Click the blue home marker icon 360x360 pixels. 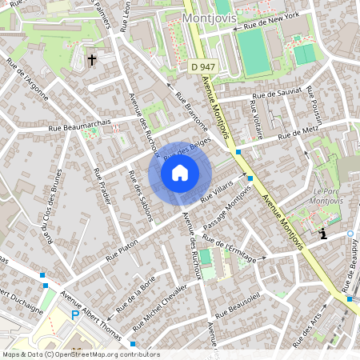click(x=180, y=171)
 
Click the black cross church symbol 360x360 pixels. click(x=91, y=59)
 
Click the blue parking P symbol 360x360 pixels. click(x=76, y=315)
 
